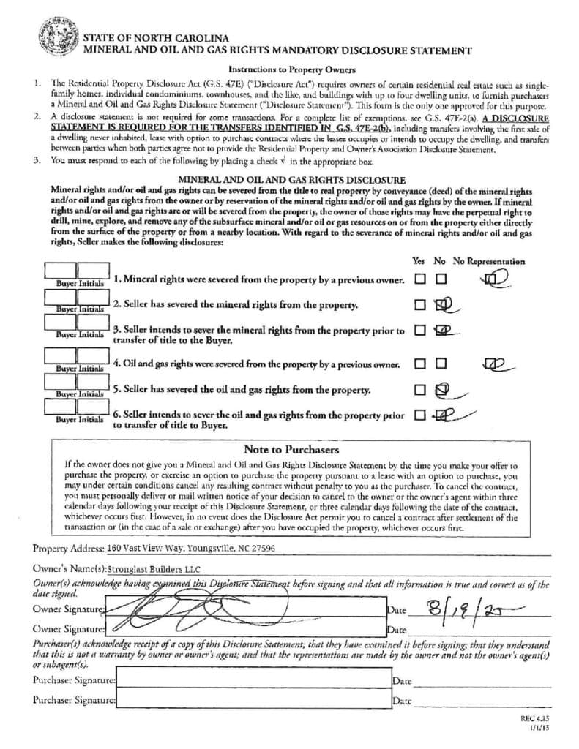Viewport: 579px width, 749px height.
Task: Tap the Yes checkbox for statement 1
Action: (x=419, y=279)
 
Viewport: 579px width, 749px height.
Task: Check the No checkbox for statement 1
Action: (x=441, y=279)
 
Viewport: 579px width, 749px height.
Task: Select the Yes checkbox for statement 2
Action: (x=419, y=304)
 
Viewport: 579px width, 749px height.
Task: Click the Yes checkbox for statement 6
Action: (x=419, y=415)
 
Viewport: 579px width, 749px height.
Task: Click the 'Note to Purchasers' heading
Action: (x=291, y=449)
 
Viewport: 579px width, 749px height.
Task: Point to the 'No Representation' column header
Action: (x=488, y=261)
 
